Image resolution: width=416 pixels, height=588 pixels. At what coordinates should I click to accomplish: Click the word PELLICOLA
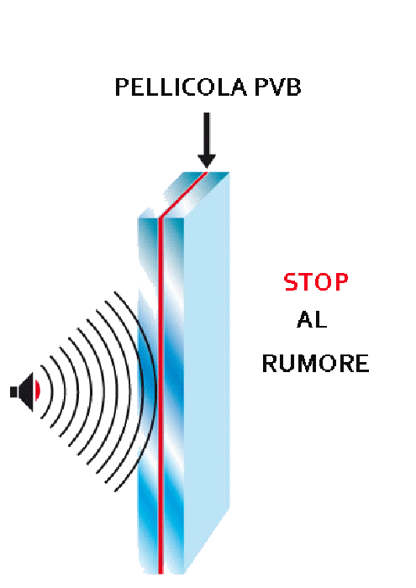click(x=181, y=87)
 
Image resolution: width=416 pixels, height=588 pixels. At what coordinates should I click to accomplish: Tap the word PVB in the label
click(x=277, y=87)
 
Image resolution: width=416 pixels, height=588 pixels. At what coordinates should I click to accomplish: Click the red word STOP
click(x=316, y=282)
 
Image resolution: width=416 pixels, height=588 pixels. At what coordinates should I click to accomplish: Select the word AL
click(x=312, y=320)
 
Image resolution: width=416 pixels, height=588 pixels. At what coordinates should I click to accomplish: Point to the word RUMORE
click(x=315, y=364)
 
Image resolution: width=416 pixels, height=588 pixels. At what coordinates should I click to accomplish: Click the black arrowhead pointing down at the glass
click(x=207, y=161)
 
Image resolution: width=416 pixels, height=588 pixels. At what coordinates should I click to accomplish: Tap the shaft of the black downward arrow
click(x=207, y=133)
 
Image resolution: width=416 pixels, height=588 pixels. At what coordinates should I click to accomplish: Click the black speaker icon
click(x=24, y=391)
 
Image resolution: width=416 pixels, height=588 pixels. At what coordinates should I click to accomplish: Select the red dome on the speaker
click(x=38, y=391)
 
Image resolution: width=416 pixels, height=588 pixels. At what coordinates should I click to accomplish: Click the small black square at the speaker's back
click(x=13, y=392)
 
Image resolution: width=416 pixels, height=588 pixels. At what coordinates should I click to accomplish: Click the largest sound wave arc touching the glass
click(x=152, y=390)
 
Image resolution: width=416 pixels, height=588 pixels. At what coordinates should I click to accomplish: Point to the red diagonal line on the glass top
click(x=183, y=194)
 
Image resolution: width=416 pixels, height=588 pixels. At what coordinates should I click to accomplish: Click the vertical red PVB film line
click(x=161, y=396)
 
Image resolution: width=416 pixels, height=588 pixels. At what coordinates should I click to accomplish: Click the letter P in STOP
click(x=340, y=282)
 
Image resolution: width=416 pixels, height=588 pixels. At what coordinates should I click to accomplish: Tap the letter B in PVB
click(x=293, y=87)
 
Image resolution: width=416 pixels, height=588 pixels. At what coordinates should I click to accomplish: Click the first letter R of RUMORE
click(x=270, y=364)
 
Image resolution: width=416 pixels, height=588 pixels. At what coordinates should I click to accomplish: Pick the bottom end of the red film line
click(x=161, y=574)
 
